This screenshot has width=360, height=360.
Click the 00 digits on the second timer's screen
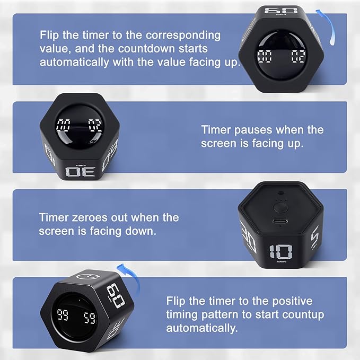64,126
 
